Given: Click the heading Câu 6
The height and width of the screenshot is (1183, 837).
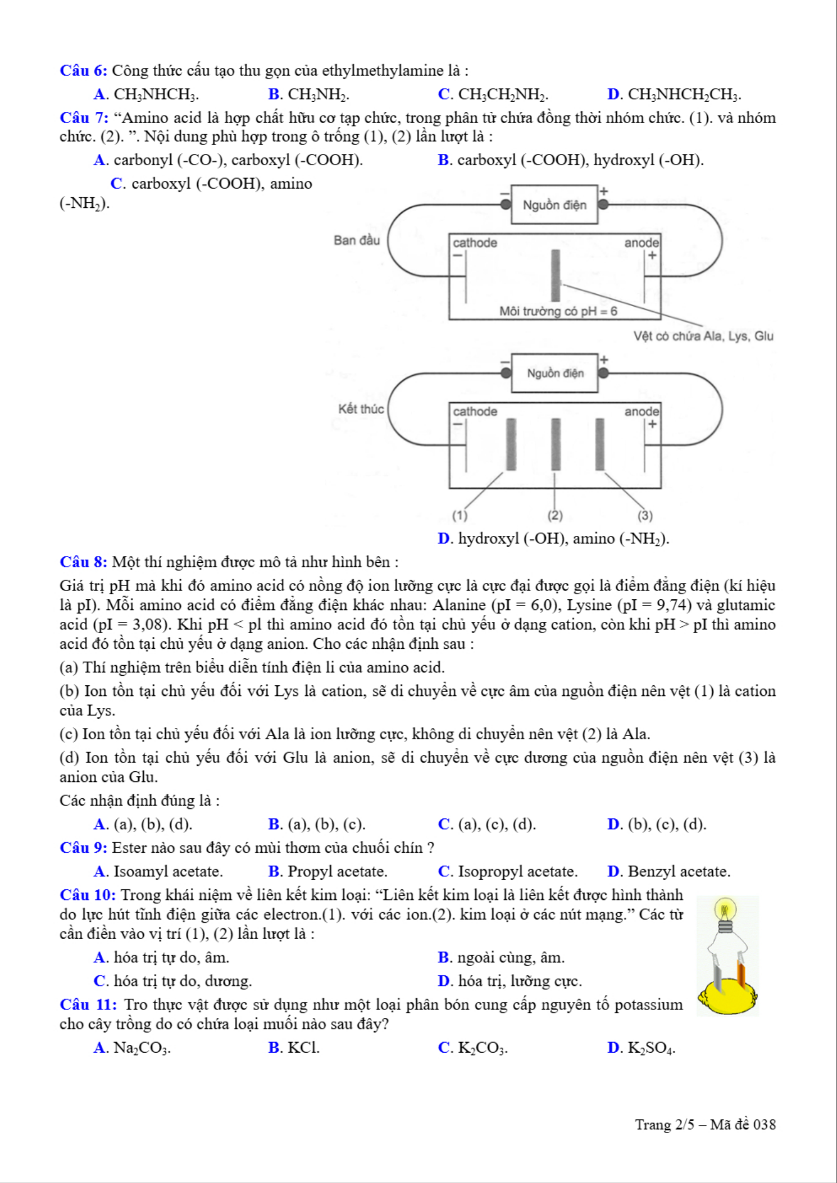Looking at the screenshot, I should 84,71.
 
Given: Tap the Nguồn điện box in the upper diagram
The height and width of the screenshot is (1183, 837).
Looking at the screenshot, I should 554,205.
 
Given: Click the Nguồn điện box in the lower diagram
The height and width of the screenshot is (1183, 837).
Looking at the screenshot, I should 555,374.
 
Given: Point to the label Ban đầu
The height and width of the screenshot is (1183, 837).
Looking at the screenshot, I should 357,240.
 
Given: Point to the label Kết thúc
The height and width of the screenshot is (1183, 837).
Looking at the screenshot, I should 361,409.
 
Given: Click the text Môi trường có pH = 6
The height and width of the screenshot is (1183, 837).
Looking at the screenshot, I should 558,311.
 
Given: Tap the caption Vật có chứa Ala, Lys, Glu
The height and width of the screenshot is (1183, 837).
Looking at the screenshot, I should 703,336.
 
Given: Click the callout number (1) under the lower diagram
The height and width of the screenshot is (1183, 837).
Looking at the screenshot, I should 460,515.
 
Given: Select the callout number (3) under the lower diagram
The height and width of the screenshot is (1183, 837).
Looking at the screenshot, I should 645,515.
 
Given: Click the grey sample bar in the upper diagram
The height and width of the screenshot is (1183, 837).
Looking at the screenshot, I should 556,275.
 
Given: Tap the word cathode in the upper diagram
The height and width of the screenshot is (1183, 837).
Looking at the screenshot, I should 475,243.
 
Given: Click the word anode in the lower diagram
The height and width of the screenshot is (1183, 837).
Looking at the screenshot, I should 642,411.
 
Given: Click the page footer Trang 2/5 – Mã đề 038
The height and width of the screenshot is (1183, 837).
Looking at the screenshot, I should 705,1125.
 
